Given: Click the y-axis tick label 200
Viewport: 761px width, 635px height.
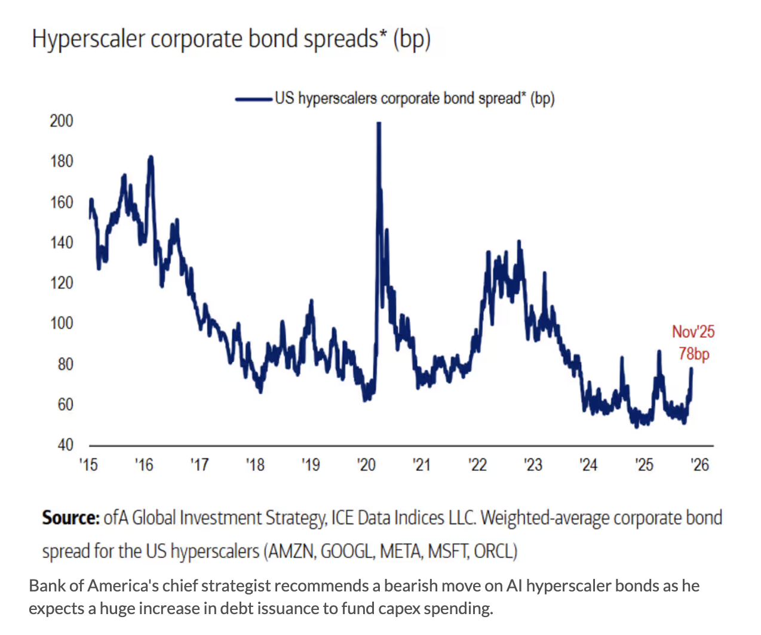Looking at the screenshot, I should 62,121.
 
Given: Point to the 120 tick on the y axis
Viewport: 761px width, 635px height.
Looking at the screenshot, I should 62,282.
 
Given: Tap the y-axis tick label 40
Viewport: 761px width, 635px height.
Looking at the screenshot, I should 65,445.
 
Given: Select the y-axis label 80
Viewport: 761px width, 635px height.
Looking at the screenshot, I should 65,363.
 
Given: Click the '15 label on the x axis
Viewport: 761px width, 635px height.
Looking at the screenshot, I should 88,464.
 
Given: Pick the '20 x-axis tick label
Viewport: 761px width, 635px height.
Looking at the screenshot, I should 366,464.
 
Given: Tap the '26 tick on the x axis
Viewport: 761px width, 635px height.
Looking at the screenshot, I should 699,464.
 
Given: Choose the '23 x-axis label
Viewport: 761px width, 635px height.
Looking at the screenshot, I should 533,464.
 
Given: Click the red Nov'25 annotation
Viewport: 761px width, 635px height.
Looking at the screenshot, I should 693,332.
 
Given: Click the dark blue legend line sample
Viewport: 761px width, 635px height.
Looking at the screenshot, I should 254,99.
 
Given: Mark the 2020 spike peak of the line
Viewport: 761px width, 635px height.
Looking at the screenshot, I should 378,124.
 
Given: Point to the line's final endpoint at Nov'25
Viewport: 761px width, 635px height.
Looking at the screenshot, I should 692,368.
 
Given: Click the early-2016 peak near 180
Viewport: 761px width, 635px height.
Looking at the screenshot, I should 151,158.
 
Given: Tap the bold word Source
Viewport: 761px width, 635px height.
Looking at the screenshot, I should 70,517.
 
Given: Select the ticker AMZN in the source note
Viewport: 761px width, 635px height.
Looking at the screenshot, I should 291,550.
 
